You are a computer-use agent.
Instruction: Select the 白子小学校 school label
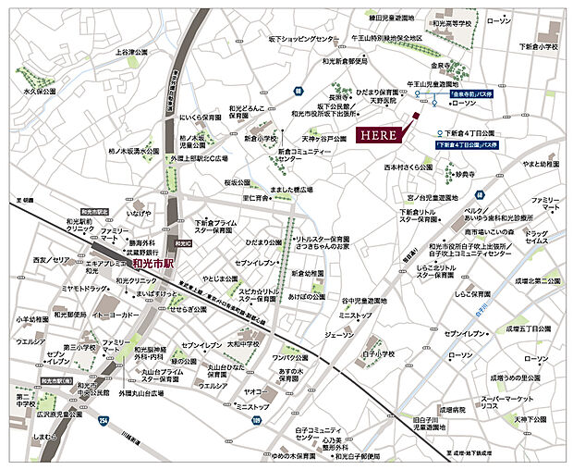click(378, 353)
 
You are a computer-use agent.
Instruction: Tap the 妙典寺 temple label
click(467, 173)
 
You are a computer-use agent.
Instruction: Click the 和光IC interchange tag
click(182, 242)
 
